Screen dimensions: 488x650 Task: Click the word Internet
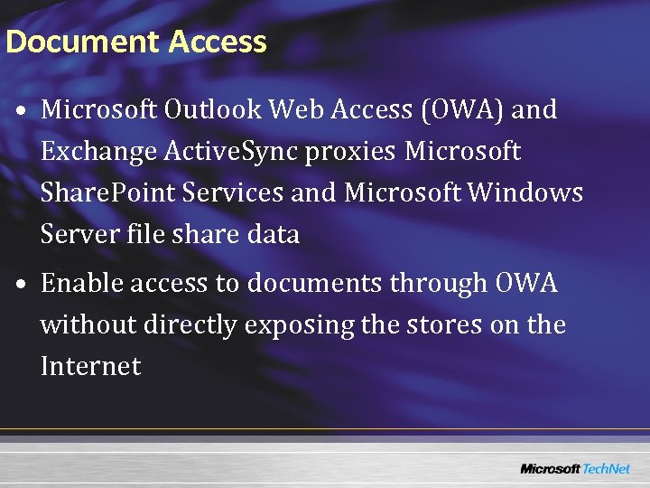coord(90,366)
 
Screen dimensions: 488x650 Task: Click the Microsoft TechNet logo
coord(576,468)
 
